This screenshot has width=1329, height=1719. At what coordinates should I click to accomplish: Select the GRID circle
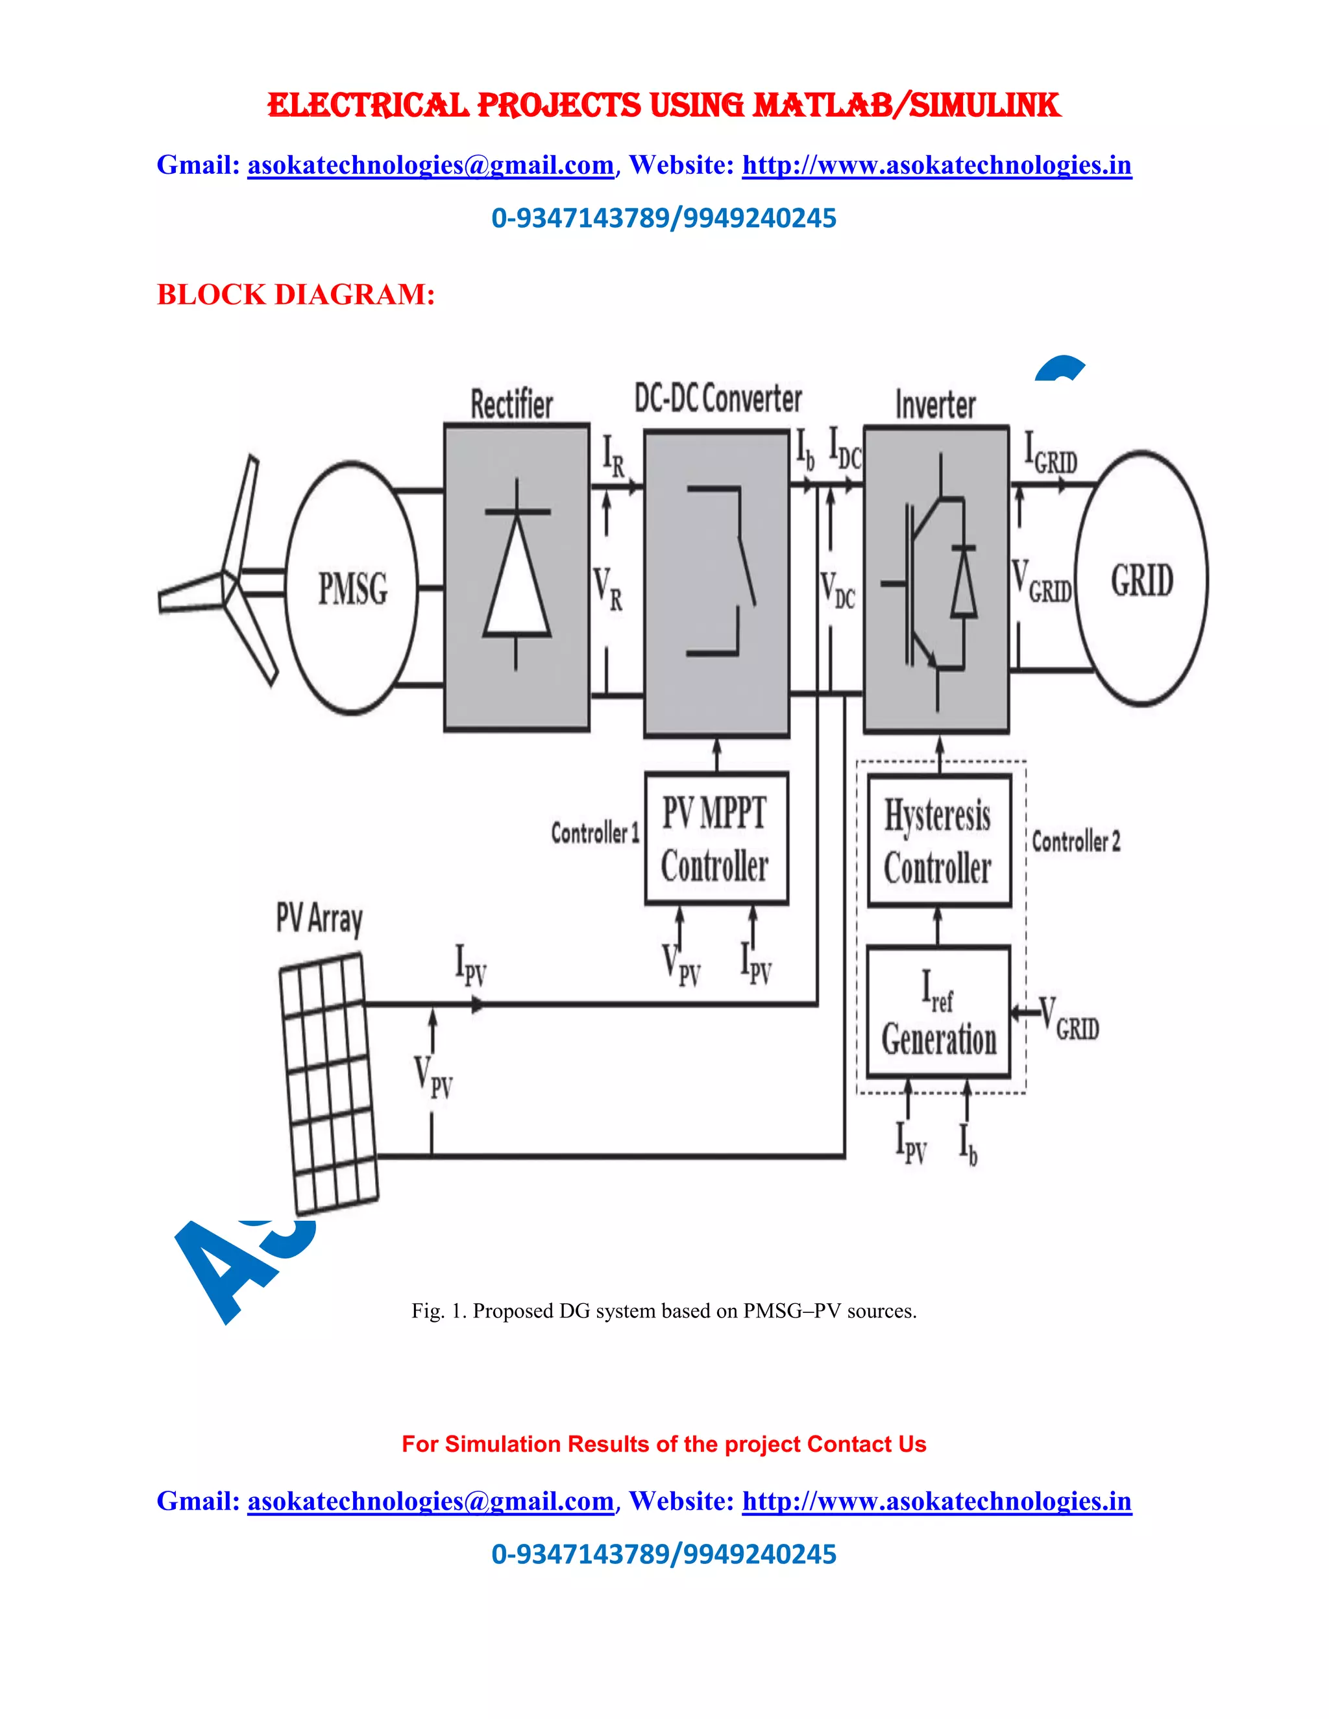[1141, 579]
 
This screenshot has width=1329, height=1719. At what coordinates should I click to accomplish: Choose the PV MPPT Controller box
[716, 838]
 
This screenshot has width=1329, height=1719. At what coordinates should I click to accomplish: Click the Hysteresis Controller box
[938, 841]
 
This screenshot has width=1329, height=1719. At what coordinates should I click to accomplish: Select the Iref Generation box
[938, 1012]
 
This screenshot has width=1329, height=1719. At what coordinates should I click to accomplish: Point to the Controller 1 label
[594, 833]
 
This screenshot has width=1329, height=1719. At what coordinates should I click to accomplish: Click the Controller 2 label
[1075, 841]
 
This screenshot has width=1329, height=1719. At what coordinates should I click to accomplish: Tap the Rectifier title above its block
[512, 405]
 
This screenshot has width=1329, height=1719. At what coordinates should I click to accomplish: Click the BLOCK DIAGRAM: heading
[295, 295]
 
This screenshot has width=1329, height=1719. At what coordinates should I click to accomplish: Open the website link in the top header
[936, 165]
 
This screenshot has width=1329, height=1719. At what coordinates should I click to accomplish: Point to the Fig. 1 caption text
[664, 1310]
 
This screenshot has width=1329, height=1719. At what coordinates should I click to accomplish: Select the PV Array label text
[319, 919]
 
